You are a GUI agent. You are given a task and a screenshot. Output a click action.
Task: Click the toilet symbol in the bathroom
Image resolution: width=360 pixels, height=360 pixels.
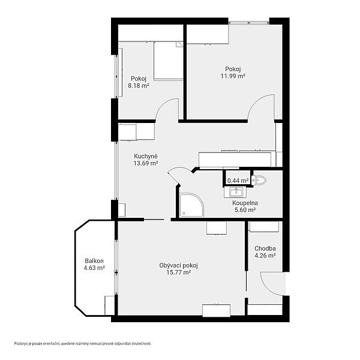259,180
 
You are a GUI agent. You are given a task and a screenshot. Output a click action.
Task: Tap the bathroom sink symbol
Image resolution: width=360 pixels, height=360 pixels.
236,192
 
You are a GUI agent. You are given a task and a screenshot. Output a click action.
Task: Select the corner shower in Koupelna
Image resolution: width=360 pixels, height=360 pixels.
191,205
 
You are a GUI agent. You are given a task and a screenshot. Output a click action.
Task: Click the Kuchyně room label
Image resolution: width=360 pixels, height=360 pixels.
146,157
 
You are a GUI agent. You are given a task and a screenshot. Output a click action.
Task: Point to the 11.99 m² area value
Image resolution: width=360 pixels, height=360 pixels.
233,76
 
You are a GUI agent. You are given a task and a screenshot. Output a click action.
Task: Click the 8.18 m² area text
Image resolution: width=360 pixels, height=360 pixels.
139,86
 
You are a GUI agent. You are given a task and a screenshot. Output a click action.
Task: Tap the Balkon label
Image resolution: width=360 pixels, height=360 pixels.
94,261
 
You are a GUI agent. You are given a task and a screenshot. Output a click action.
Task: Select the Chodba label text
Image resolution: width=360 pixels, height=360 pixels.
265,248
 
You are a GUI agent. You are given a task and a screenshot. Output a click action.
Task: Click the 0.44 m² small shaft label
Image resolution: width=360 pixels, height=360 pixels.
238,181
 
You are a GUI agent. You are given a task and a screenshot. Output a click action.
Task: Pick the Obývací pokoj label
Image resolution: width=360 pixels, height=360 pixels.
179,266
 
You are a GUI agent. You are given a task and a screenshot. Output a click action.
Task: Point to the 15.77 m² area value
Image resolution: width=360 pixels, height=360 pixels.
179,272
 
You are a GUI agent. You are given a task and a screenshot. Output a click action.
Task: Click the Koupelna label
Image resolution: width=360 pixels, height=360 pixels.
245,203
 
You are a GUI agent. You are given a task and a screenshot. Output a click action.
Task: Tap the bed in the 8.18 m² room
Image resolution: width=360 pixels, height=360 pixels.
168,61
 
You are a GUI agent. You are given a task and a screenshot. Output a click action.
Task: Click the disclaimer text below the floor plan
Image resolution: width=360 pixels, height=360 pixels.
83,344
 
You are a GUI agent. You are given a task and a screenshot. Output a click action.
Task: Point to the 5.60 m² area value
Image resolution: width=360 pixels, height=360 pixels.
245,210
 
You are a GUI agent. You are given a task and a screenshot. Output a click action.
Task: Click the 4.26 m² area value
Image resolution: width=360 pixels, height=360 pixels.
265,256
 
